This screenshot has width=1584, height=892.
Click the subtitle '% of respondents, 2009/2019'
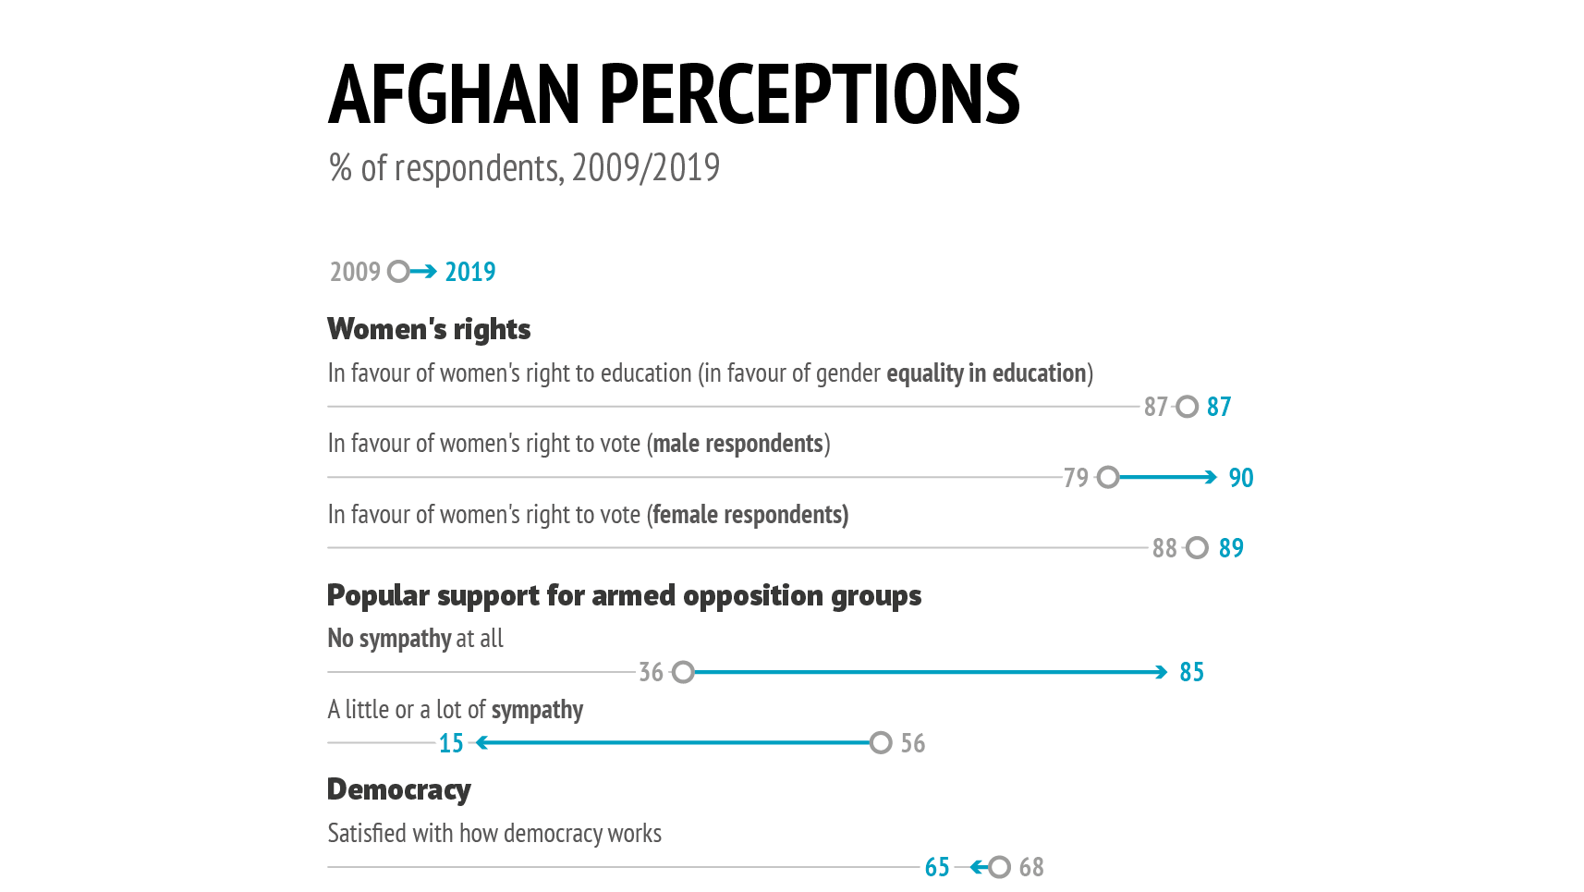click(524, 168)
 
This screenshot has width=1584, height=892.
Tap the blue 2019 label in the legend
click(470, 272)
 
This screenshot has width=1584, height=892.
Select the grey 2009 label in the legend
click(355, 272)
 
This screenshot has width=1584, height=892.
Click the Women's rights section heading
click(429, 329)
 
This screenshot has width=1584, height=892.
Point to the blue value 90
click(1240, 478)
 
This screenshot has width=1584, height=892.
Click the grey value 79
click(1076, 478)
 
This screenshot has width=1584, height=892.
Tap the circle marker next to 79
click(1108, 477)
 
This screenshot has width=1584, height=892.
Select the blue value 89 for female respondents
click(1231, 548)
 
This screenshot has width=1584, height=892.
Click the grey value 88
click(1164, 548)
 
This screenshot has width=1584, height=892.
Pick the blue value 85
click(1191, 672)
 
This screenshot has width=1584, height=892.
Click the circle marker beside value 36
click(683, 672)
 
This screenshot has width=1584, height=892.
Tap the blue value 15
click(451, 743)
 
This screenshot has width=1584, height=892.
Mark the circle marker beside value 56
click(881, 742)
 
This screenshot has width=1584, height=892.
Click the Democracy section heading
click(399, 789)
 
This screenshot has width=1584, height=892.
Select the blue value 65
click(937, 867)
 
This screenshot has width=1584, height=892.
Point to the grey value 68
click(1031, 867)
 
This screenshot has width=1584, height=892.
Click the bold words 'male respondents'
click(737, 444)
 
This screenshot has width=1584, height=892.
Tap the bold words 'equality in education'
click(986, 373)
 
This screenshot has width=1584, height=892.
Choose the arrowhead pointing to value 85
click(1162, 672)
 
